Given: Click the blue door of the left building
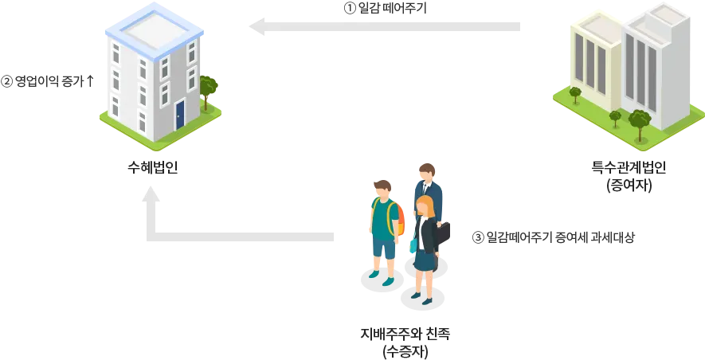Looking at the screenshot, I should pyautogui.click(x=180, y=113).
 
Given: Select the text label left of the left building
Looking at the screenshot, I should pyautogui.click(x=47, y=79).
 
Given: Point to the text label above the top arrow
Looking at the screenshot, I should pyautogui.click(x=386, y=8).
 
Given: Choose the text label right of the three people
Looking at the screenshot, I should pyautogui.click(x=554, y=238).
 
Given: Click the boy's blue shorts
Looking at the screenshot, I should pyautogui.click(x=383, y=248).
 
